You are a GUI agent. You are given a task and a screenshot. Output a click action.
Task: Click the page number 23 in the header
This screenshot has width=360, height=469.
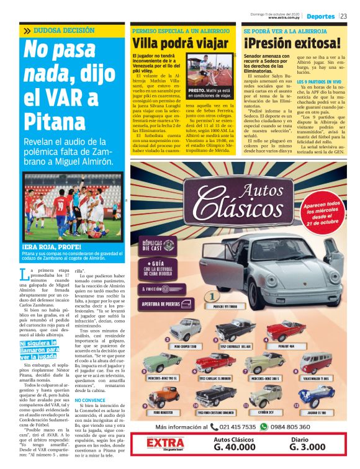pyautogui.click(x=343, y=16)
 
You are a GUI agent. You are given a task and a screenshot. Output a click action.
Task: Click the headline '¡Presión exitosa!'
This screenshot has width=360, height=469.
pyautogui.click(x=292, y=44)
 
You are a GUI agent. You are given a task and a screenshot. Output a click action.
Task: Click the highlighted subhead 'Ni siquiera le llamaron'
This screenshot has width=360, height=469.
pyautogui.click(x=40, y=348)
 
